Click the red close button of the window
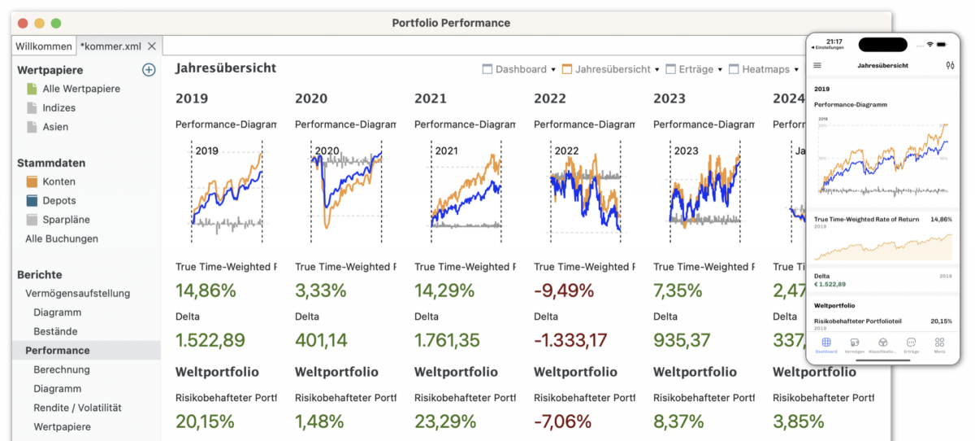click(x=23, y=24)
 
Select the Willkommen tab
click(x=43, y=46)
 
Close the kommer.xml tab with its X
click(x=152, y=46)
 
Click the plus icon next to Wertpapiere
click(x=149, y=70)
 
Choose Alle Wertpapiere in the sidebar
click(x=80, y=89)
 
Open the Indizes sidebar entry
click(x=58, y=107)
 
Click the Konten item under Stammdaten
click(x=59, y=181)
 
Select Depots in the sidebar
click(x=58, y=200)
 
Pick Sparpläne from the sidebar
click(x=66, y=220)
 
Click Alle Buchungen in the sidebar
click(x=62, y=238)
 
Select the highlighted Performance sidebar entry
click(x=57, y=351)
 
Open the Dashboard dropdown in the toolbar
click(x=520, y=70)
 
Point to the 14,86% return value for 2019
click(x=206, y=290)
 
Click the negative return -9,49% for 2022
click(x=565, y=290)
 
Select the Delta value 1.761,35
click(x=447, y=341)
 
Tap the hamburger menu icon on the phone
click(x=817, y=65)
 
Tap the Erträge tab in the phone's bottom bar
click(x=911, y=345)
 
